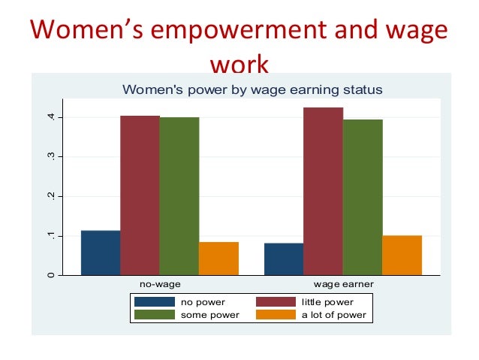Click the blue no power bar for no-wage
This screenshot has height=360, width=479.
click(101, 253)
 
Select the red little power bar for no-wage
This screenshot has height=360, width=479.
click(140, 195)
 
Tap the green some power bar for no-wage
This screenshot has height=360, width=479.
click(179, 196)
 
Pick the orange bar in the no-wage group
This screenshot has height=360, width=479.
click(218, 258)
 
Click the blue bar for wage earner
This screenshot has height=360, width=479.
click(284, 259)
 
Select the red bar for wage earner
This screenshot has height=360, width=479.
click(323, 191)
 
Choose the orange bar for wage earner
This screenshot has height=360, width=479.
click(402, 256)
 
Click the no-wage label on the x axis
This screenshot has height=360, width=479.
click(160, 286)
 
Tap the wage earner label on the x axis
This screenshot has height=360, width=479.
click(343, 286)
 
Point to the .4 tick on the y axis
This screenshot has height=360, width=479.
click(50, 117)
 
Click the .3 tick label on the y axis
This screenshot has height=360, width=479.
click(50, 156)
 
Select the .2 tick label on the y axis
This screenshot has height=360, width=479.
click(50, 196)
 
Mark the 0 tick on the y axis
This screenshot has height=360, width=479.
click(50, 275)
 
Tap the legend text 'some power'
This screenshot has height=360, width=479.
click(209, 315)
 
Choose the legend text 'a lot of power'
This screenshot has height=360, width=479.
click(333, 315)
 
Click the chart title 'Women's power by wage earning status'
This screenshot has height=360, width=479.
click(252, 89)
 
